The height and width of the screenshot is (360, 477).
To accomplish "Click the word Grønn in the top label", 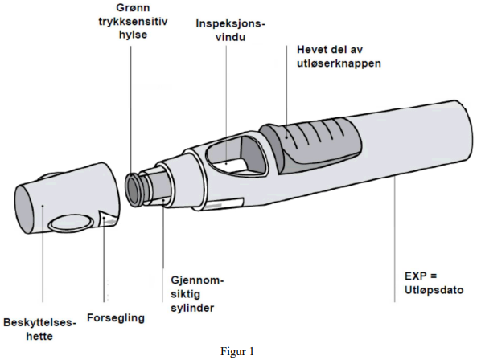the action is [134, 7].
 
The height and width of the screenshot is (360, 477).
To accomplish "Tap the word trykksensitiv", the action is [133, 22].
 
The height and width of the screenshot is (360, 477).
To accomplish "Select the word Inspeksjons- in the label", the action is [230, 24].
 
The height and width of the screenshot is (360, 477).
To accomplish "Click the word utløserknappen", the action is [339, 63].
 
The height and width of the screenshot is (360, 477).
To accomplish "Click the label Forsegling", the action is [116, 318].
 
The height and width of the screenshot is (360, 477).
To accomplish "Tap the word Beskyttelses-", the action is [39, 322].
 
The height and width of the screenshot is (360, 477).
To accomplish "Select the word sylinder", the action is [192, 308].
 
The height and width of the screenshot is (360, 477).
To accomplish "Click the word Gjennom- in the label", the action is [197, 280].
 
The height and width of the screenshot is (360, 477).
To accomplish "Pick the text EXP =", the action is [421, 276].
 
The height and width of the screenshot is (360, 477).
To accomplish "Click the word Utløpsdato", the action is [434, 290].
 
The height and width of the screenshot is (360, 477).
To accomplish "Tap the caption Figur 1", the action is [237, 352].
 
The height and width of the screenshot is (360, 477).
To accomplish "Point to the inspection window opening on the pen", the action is [235, 157].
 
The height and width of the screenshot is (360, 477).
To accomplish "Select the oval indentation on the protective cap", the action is [72, 223].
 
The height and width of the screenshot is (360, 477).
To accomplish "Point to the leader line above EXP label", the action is [395, 240].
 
